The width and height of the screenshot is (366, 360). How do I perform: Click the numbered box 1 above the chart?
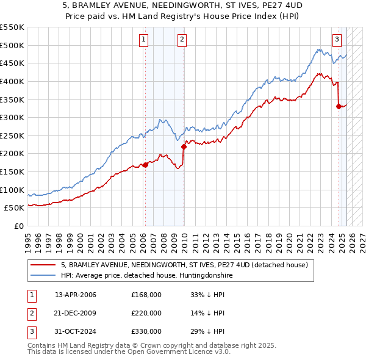[x=143, y=40]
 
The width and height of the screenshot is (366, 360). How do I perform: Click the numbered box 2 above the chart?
[x=182, y=40]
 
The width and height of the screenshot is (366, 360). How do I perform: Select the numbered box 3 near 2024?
[x=337, y=40]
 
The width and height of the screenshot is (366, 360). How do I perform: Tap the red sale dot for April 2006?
[x=145, y=165]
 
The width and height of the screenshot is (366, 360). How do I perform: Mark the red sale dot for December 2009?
[x=184, y=146]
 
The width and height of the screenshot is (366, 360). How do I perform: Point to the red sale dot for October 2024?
[x=339, y=106]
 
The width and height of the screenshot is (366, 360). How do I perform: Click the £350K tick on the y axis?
[x=12, y=99]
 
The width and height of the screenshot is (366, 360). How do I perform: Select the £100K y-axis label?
[x=12, y=190]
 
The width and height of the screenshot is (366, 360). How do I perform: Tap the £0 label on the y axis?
[x=18, y=226]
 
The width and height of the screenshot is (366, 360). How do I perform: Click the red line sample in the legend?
[x=43, y=265]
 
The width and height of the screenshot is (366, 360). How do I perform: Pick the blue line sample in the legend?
[x=43, y=276]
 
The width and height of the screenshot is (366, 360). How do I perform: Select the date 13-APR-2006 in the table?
[x=75, y=295]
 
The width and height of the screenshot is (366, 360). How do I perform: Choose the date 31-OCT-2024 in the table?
[x=75, y=331]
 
